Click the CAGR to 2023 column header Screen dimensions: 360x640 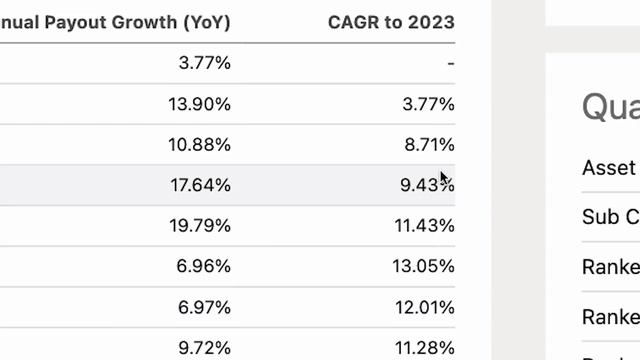click(x=391, y=22)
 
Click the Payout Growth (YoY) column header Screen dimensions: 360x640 click(x=115, y=22)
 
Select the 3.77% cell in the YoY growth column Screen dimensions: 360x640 click(x=204, y=63)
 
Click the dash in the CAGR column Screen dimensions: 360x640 click(x=451, y=64)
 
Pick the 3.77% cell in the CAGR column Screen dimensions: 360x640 click(x=428, y=104)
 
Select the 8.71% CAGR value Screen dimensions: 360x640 click(x=428, y=145)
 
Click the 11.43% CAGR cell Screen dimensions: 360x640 click(x=423, y=226)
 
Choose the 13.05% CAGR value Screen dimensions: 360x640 click(x=423, y=267)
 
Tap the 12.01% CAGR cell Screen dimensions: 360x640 click(x=423, y=307)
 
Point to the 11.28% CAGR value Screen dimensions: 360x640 click(x=423, y=347)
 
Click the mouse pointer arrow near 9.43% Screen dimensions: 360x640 click(x=444, y=179)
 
